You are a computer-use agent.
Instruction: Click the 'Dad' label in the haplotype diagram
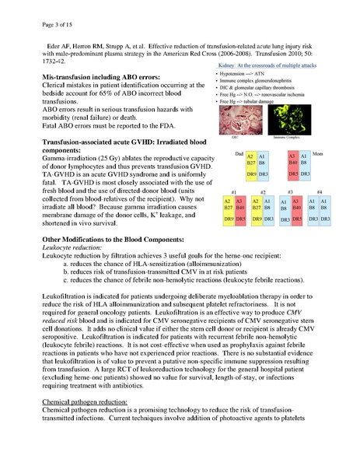tap(242, 154)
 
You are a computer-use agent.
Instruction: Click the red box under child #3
tap(304, 209)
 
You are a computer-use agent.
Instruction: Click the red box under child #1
tap(241, 209)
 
